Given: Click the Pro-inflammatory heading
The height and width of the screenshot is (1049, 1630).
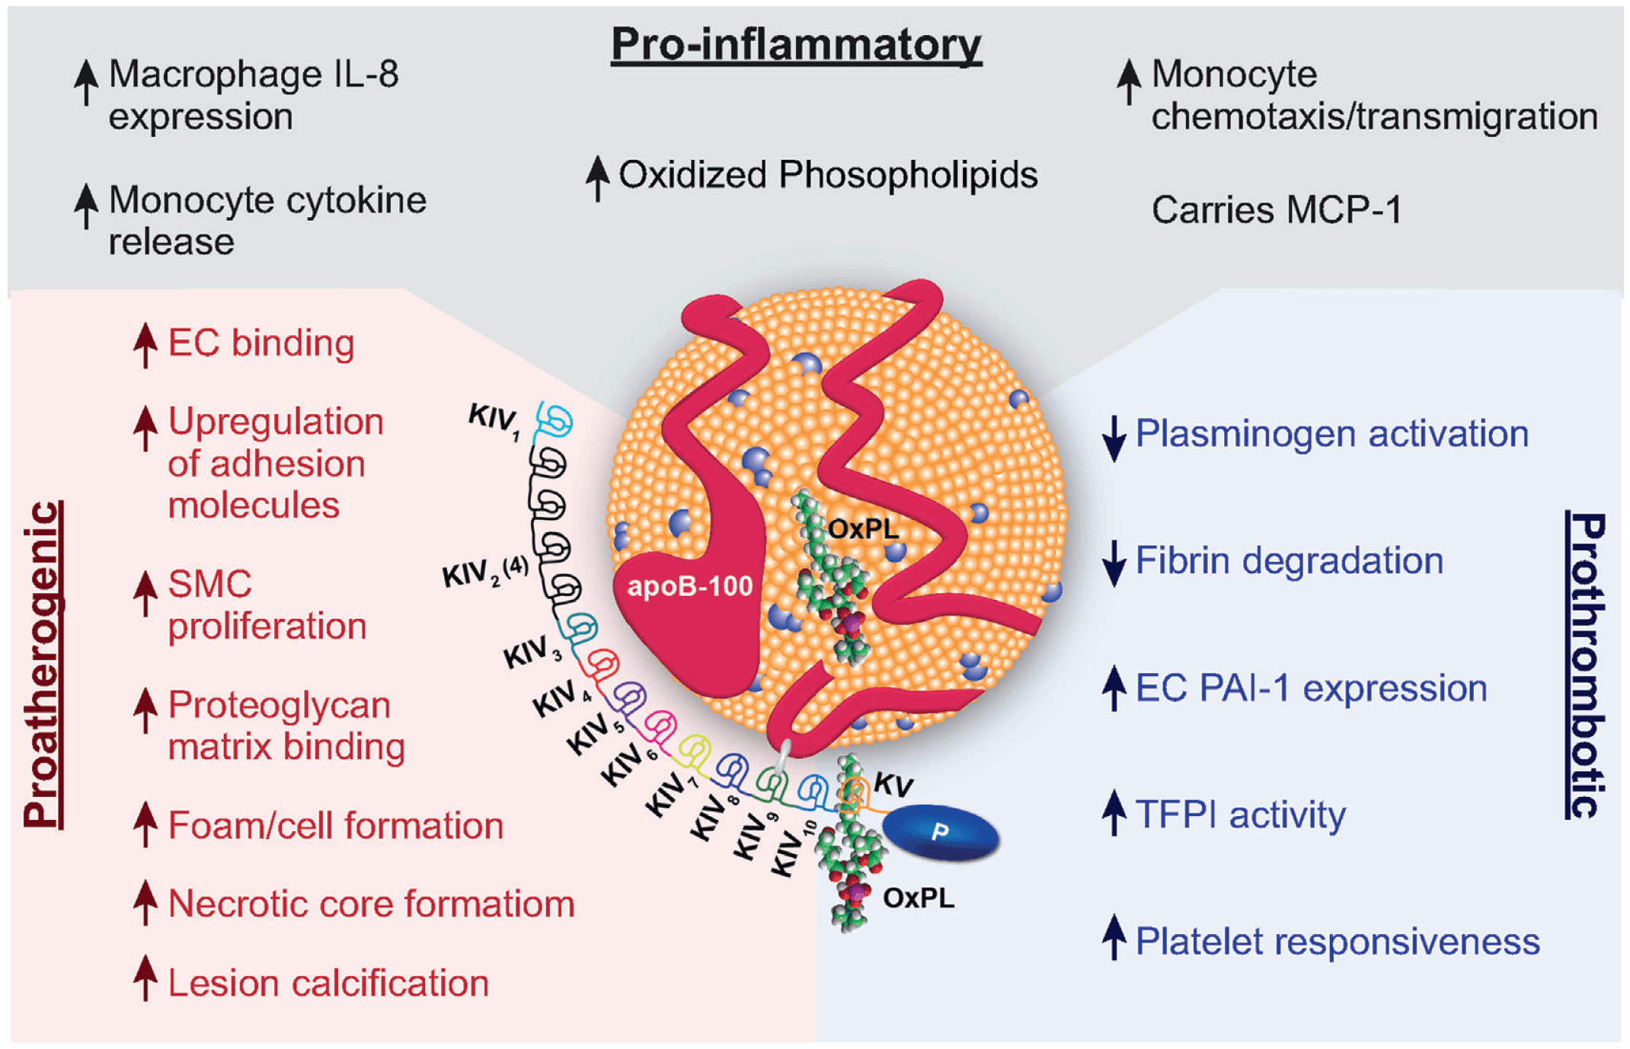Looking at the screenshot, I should (796, 44).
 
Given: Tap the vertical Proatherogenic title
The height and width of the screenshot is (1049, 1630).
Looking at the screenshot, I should (43, 664).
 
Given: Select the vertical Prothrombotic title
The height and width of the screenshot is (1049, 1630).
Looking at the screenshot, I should (1587, 665).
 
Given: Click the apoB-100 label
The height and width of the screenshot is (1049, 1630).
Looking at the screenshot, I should (689, 586).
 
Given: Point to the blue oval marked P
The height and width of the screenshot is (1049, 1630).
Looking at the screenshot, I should (941, 832).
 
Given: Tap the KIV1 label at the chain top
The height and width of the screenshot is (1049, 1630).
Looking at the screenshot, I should (494, 421).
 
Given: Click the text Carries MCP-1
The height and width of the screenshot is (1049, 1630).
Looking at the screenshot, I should (1276, 210).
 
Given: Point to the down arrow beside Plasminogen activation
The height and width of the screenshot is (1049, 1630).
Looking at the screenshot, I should (1114, 438).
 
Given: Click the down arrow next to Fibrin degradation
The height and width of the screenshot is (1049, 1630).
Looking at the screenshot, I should (1114, 563).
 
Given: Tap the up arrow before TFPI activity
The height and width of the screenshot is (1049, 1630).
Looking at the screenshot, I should (1114, 812).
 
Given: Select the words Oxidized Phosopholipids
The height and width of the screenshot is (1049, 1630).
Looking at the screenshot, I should (827, 175).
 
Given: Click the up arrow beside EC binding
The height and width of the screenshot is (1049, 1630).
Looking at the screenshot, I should (145, 345).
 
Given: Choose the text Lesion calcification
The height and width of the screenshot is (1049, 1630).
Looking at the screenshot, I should (328, 983).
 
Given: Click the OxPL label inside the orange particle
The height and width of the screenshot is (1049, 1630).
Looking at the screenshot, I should (862, 528).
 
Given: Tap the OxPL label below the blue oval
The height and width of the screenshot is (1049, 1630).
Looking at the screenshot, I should (918, 898).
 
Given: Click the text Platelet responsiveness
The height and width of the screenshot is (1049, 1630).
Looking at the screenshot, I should (1337, 942).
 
